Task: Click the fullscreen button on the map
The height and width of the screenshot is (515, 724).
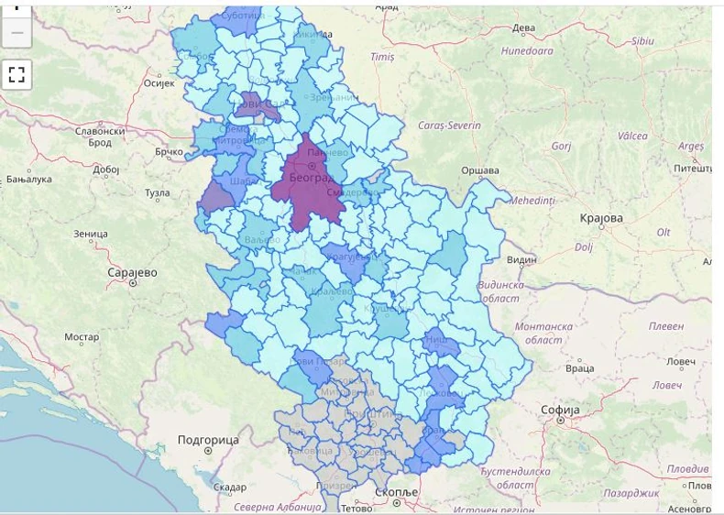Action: (x=16, y=74)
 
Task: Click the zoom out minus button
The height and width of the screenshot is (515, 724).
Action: (x=16, y=33)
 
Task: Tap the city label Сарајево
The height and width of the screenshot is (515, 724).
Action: (x=133, y=272)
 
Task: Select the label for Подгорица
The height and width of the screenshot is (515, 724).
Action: (x=208, y=440)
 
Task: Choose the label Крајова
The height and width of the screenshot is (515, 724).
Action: (x=601, y=218)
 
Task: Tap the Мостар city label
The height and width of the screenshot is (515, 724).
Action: (x=82, y=337)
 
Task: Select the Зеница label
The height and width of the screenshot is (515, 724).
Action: (x=91, y=234)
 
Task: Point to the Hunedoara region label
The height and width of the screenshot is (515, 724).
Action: (x=527, y=51)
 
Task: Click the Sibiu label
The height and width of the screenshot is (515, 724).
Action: (x=642, y=41)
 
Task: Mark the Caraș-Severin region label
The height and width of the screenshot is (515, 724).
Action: (x=448, y=124)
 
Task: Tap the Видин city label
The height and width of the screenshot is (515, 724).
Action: (x=521, y=260)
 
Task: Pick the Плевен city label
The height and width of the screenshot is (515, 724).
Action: (x=665, y=325)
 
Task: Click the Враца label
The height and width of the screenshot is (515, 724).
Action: (x=579, y=368)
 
